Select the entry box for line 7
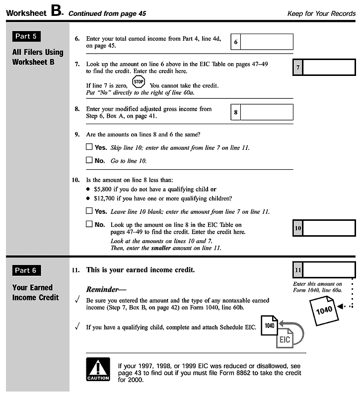328,67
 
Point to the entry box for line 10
328,228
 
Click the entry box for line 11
328,270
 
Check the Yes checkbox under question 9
89,147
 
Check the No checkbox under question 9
89,160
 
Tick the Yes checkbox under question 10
89,211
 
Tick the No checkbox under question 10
89,224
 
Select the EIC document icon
285,340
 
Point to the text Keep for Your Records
321,13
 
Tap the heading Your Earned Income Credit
36,292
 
